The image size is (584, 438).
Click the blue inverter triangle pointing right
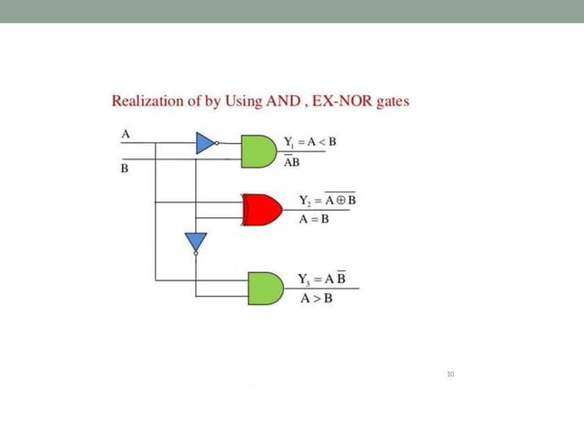206,142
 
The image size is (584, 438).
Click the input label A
125,134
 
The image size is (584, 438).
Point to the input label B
125,170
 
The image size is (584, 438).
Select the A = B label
314,220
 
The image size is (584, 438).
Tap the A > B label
317,299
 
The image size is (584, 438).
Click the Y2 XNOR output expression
327,200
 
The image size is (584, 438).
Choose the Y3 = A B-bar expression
321,279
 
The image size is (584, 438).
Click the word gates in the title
392,101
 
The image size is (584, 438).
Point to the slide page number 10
450,374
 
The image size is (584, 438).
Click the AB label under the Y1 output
291,163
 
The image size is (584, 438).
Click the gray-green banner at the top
292,11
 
